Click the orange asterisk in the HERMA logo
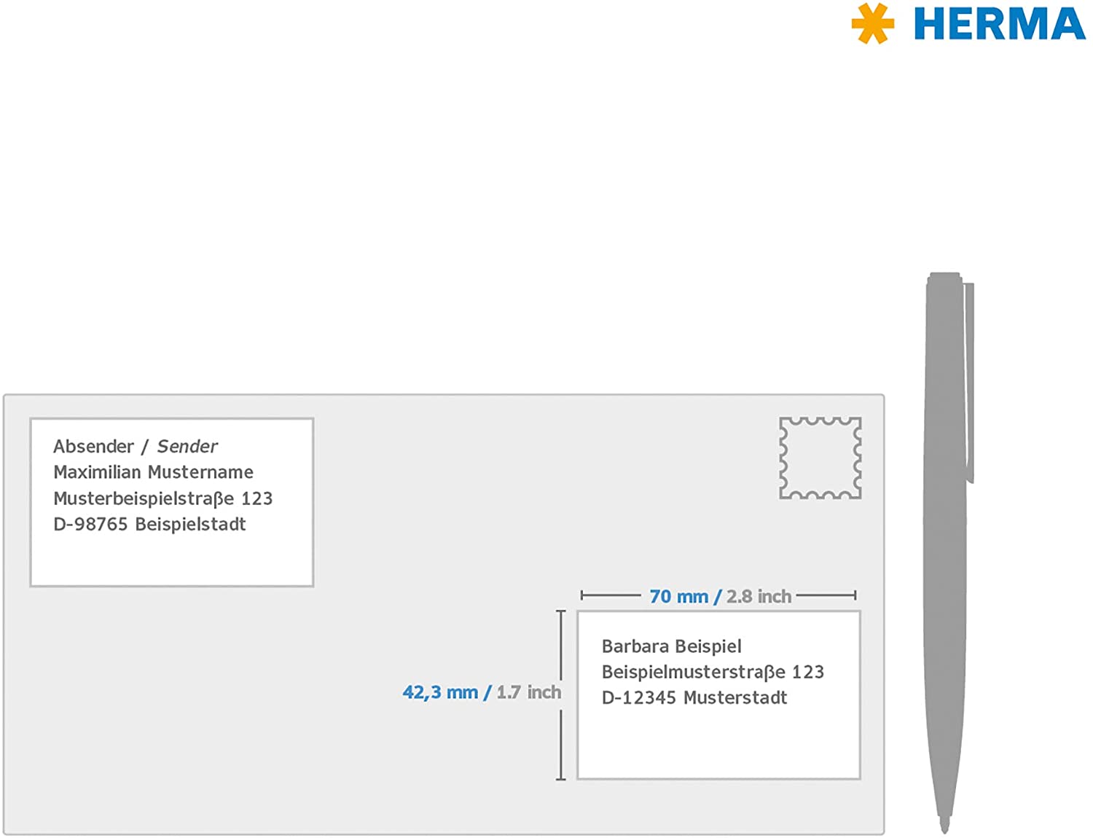[x=873, y=23]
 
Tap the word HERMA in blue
[x=1000, y=23]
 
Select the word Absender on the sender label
[x=93, y=446]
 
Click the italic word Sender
[x=187, y=446]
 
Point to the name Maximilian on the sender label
[x=97, y=471]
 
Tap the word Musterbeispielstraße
[x=144, y=498]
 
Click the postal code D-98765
[x=90, y=524]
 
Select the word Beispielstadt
[x=191, y=524]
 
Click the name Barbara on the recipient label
[x=635, y=646]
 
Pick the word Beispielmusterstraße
[x=693, y=672]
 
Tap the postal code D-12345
[x=639, y=697]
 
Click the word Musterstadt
[x=735, y=697]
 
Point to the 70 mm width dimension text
[x=678, y=596]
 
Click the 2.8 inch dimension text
[x=759, y=596]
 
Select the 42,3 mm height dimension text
[x=440, y=693]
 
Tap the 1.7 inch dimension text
[x=528, y=692]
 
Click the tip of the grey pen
[x=944, y=832]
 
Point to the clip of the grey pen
[x=968, y=383]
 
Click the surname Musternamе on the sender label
[x=200, y=471]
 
